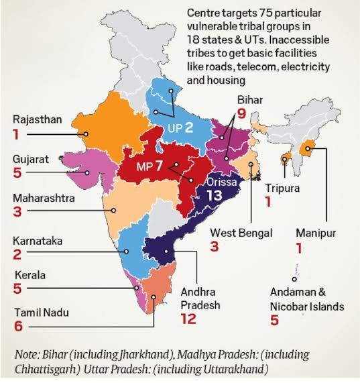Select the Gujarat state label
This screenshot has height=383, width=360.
(x=30, y=159)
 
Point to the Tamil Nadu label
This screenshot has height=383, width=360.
(x=39, y=312)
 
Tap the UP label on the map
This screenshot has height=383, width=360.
(x=174, y=127)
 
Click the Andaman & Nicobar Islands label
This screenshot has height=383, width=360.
(x=307, y=300)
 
